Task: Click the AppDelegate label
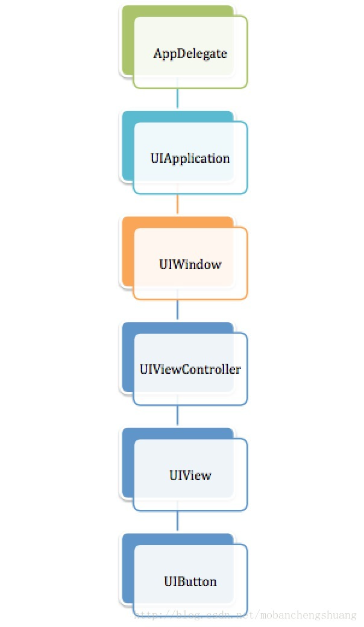coord(190,54)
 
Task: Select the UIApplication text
coord(190,159)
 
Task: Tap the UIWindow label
coord(190,264)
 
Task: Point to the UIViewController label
coord(190,369)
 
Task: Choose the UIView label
coord(190,475)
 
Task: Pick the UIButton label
coord(190,581)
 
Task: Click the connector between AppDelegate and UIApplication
coord(177,98)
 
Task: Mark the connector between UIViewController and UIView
coord(177,415)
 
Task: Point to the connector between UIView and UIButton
coord(177,521)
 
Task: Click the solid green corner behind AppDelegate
coord(127,40)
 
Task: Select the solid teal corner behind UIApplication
coord(127,146)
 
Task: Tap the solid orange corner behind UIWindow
coord(127,252)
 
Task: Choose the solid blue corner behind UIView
coord(127,464)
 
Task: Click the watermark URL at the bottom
coord(245,615)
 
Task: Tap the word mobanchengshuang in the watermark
coord(309,615)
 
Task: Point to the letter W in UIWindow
coord(176,264)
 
